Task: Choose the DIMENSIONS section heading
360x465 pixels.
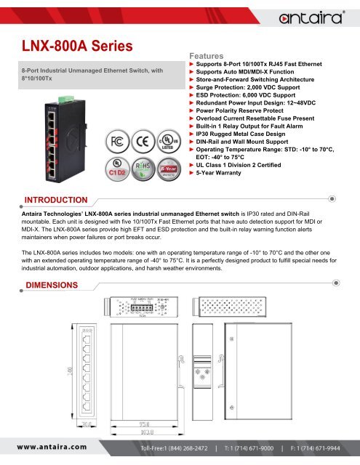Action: coord(51,282)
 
